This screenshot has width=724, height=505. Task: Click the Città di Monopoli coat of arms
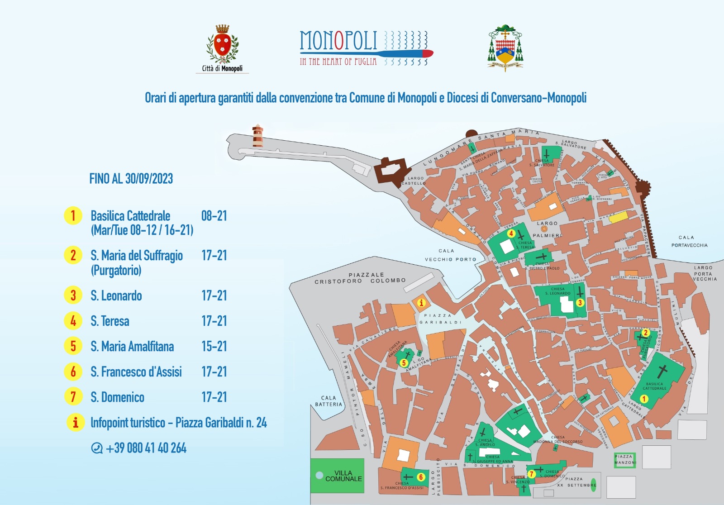coord(222,44)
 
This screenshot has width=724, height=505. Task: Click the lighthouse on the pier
coord(257,136)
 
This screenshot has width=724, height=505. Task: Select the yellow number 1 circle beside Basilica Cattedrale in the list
coord(73,216)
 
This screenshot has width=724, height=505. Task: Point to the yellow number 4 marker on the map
coord(511,233)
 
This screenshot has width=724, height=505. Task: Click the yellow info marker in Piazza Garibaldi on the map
coord(421,303)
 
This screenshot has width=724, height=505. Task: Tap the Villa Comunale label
coord(343,476)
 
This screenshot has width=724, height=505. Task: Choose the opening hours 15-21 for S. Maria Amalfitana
coord(214,347)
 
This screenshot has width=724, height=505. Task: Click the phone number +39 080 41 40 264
coord(146,448)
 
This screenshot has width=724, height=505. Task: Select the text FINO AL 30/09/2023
coord(131,179)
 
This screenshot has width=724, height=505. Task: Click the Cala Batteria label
coord(329,401)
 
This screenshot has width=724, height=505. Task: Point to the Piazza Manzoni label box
coord(625,459)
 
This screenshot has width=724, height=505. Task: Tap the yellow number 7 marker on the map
coord(532,474)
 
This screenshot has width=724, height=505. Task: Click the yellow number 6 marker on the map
coord(421,477)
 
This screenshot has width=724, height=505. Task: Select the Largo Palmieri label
coord(547,229)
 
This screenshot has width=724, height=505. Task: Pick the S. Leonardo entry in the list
coord(116,296)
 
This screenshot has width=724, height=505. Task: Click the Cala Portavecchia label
coord(689,241)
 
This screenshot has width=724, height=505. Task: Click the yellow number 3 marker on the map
coord(580,303)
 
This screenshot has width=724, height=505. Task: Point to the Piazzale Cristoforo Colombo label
coord(360,278)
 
